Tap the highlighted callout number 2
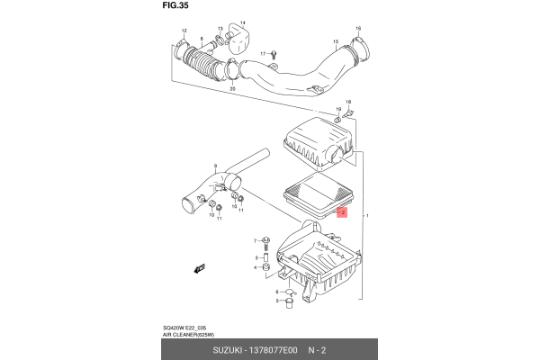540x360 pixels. [340, 212]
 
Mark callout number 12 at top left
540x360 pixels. [183, 32]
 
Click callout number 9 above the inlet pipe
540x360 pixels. [216, 164]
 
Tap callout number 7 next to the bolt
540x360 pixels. [256, 241]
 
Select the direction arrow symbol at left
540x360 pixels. [199, 268]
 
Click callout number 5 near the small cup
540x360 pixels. [278, 301]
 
